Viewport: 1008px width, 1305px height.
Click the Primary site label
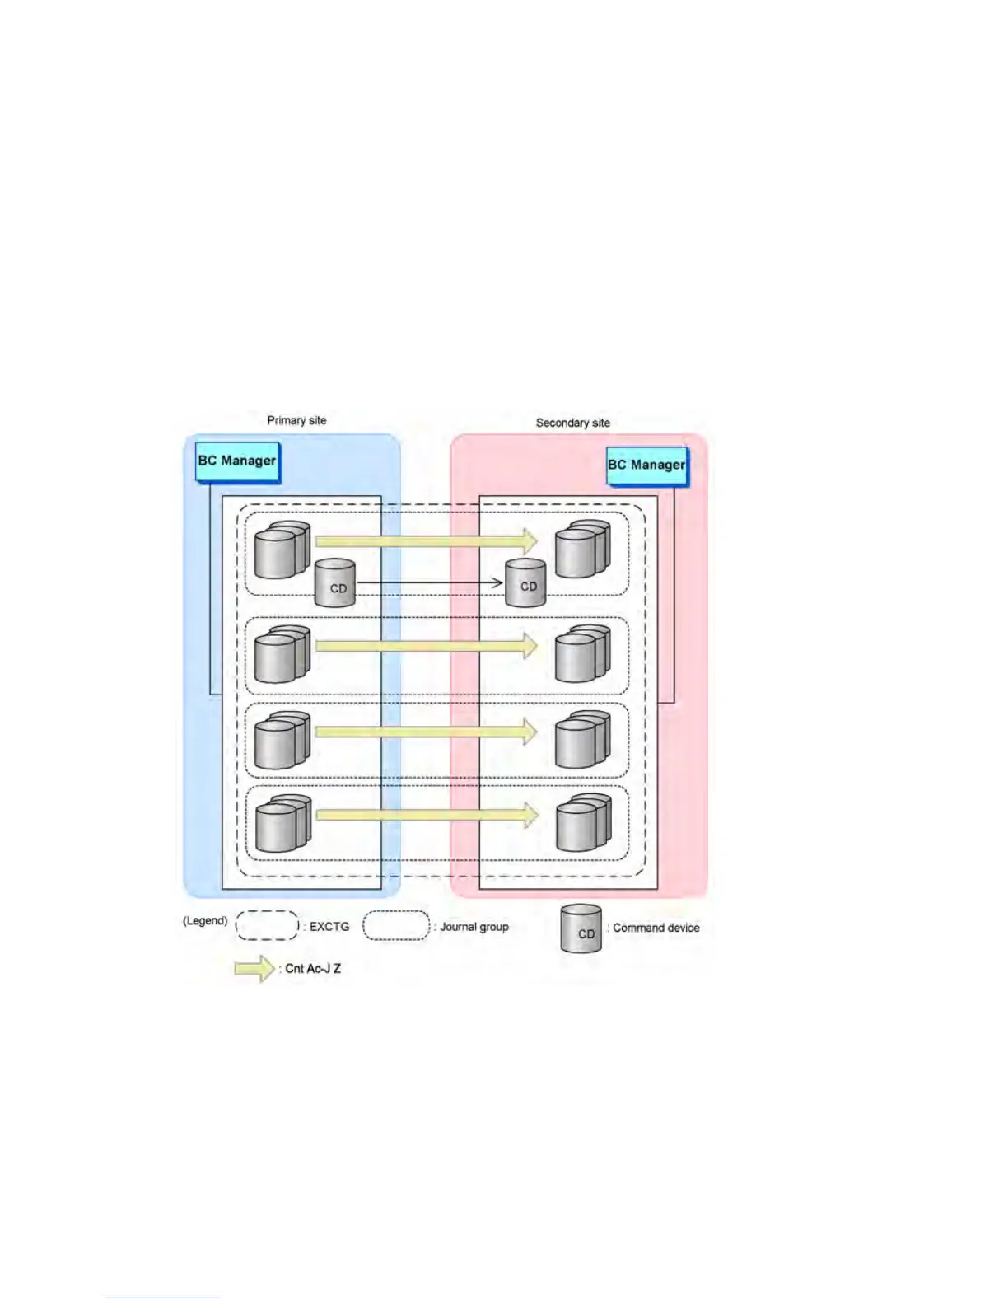tap(296, 420)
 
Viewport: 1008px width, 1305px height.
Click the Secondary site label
tap(572, 423)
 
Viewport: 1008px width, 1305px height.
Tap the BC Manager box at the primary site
tap(237, 461)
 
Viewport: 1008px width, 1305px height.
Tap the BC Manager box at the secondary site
tap(646, 465)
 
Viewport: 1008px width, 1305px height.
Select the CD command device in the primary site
tap(336, 583)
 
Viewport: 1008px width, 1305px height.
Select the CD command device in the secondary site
tap(525, 582)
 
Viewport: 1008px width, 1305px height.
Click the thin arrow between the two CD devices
tap(428, 583)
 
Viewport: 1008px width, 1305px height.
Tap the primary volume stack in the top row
tap(282, 550)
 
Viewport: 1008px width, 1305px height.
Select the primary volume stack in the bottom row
tap(282, 824)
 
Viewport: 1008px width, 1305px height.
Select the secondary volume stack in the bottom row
tap(583, 823)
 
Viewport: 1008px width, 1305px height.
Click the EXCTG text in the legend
tap(329, 927)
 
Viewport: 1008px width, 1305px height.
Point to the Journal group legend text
tap(474, 927)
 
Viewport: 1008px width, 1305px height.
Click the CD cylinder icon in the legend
tap(581, 929)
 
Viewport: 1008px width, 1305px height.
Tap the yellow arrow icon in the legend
tap(254, 969)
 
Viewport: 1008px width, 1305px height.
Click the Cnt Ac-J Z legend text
tap(313, 969)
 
